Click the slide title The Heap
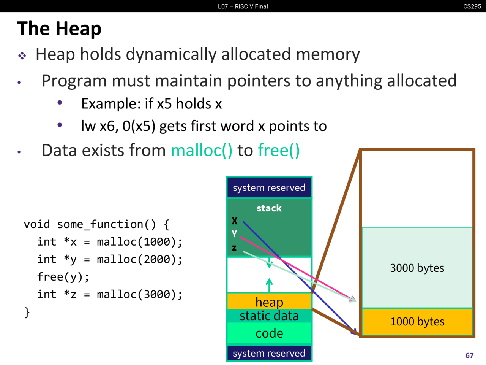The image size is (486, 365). click(59, 29)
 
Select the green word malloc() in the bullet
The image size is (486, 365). click(201, 151)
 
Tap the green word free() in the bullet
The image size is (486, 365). click(279, 151)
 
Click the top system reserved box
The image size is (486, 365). click(269, 188)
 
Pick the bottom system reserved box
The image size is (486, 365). click(269, 353)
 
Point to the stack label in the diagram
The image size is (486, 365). click(269, 208)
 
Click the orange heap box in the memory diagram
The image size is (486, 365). click(269, 302)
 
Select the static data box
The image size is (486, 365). click(269, 316)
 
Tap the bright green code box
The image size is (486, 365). click(269, 333)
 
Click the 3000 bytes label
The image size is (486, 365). click(417, 268)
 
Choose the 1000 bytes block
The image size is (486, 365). click(417, 322)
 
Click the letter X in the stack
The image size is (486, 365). click(235, 221)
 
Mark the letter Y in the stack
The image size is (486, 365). click(234, 234)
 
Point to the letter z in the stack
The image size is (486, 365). click(234, 248)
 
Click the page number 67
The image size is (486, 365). click(469, 355)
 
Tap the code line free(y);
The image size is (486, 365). click(63, 277)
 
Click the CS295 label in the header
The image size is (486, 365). click(472, 6)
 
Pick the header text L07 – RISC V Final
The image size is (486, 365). click(243, 6)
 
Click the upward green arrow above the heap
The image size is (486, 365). click(269, 284)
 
